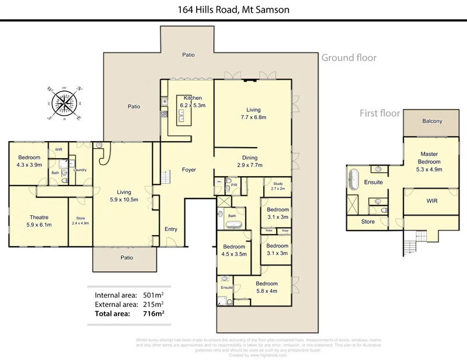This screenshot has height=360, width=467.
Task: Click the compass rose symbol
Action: [64, 103]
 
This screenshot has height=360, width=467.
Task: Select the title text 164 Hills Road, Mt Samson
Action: [233, 9]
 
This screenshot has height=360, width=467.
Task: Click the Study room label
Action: [278, 187]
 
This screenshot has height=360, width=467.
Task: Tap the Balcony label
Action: [431, 121]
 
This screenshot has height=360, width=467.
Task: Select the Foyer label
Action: [189, 170]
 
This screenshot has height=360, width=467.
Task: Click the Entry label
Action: [170, 229]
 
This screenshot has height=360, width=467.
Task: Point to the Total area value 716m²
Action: [153, 313]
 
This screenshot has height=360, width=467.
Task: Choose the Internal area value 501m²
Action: [153, 295]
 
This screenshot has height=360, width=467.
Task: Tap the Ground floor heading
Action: [348, 58]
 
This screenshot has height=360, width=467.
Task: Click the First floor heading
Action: [379, 113]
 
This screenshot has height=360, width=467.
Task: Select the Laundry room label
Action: [80, 170]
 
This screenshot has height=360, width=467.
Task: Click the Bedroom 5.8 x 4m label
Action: [266, 287]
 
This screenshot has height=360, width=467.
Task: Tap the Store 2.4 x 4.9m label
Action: [80, 221]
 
